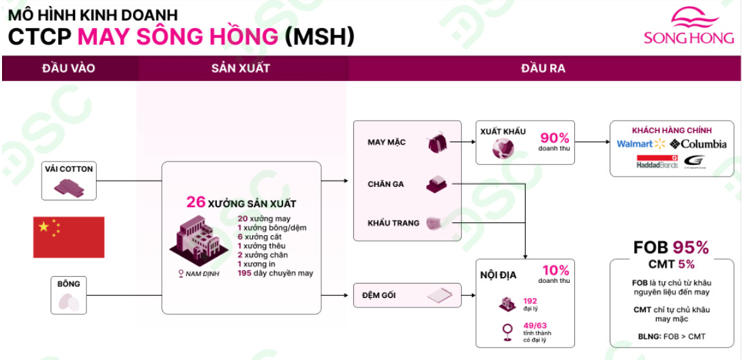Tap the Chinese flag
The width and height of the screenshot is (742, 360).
point(69,237)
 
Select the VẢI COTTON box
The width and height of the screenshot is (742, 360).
point(68,180)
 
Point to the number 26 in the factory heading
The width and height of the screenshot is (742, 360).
point(196,202)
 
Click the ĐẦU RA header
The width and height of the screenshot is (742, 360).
point(543,68)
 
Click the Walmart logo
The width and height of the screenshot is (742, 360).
point(640,144)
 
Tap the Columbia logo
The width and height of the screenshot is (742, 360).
point(698,144)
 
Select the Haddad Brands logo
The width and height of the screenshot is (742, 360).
point(657,162)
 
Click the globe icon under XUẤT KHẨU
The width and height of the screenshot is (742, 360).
point(504,149)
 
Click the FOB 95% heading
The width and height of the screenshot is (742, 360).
point(671,247)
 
